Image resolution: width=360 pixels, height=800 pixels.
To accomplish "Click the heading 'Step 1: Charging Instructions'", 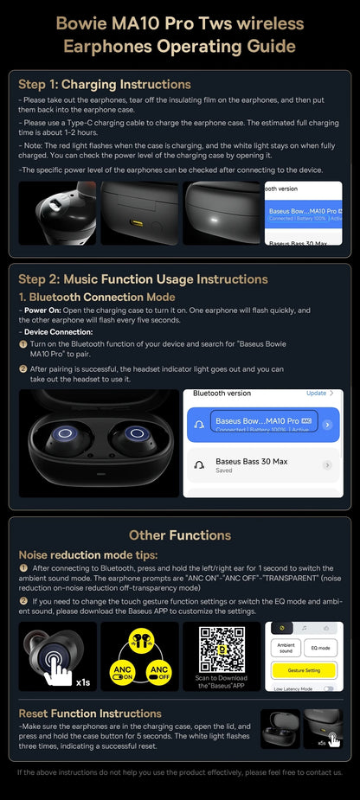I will pyautogui.click(x=105, y=84).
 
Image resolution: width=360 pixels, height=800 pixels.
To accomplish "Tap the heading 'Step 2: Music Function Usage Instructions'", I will pyautogui.click(x=143, y=278).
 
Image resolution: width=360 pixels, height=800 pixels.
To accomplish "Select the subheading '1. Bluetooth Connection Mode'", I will pyautogui.click(x=97, y=297).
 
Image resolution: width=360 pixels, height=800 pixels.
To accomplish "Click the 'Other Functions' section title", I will pyautogui.click(x=180, y=534).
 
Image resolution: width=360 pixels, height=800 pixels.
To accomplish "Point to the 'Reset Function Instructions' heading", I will pyautogui.click(x=90, y=713).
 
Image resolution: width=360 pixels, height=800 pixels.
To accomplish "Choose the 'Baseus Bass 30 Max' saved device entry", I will pyautogui.click(x=251, y=465).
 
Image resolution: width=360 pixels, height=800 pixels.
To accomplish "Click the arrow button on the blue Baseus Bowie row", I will pyautogui.click(x=327, y=425).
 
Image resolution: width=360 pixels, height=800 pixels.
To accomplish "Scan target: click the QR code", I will pyautogui.click(x=222, y=646).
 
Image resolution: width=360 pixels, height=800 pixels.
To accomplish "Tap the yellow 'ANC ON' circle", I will pyautogui.click(x=119, y=670).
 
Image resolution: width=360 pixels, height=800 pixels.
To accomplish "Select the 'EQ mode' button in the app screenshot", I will pyautogui.click(x=321, y=647).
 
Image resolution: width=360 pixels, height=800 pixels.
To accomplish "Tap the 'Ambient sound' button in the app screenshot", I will pyautogui.click(x=286, y=647).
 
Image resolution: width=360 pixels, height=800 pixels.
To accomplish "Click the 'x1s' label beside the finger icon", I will pyautogui.click(x=83, y=682).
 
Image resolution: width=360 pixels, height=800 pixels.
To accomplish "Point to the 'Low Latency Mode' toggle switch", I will pyautogui.click(x=328, y=688).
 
